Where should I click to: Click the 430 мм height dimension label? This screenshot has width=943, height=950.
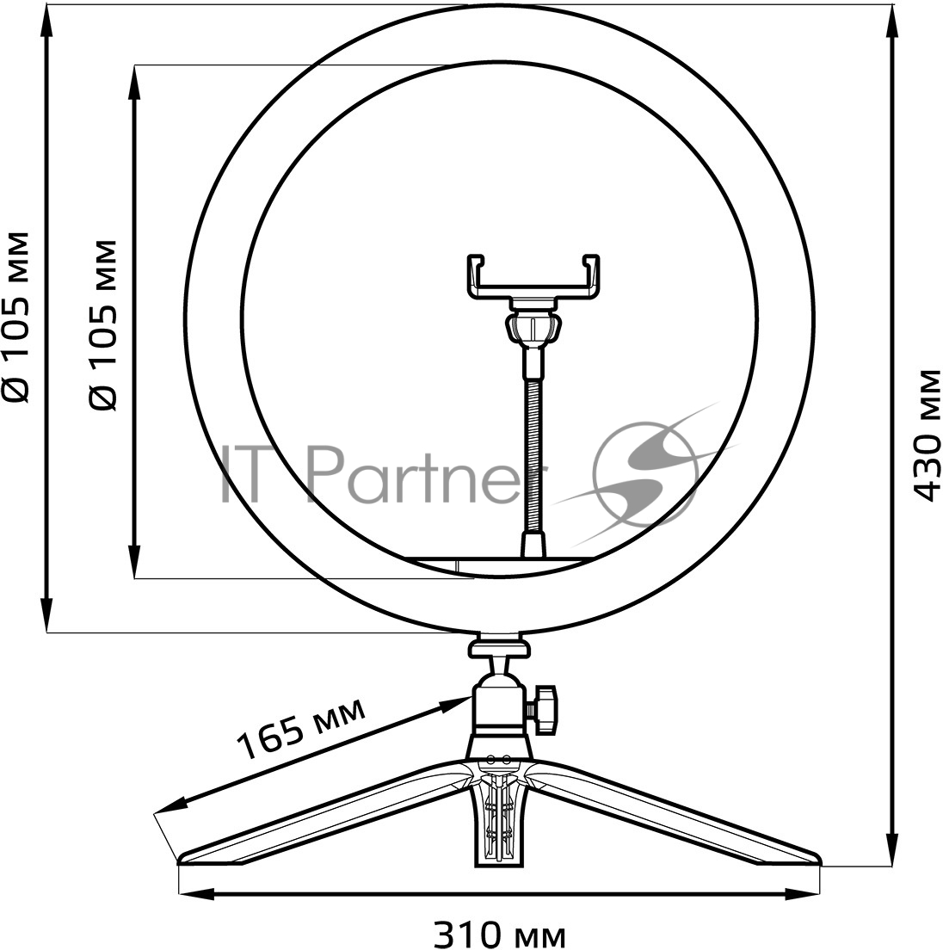coord(927,435)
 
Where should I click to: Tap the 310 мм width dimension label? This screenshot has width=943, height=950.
coord(500,934)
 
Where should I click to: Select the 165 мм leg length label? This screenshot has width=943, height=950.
coord(301,728)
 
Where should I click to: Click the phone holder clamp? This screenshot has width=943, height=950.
coord(533,276)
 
